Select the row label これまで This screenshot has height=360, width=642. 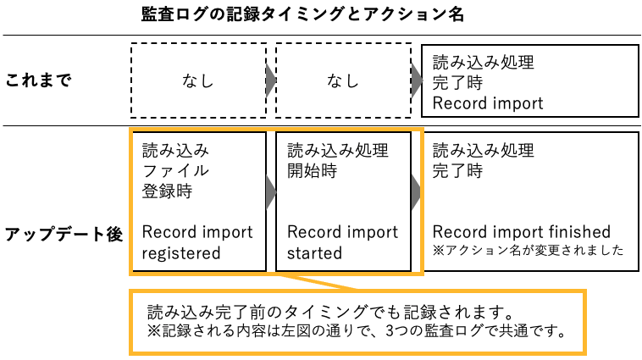click(x=38, y=81)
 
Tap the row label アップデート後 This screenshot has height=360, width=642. click(x=64, y=235)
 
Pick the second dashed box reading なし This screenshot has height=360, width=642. click(x=343, y=81)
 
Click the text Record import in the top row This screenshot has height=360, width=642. click(x=488, y=103)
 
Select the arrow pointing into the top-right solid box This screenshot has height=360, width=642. click(x=416, y=81)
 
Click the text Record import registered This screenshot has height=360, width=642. click(x=197, y=242)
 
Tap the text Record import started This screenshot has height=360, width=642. click(x=342, y=242)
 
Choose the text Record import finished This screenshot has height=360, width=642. click(x=521, y=232)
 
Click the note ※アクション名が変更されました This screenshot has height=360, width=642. click(x=528, y=251)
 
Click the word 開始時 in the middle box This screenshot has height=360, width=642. click(x=312, y=171)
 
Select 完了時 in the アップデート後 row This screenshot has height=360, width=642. click(x=457, y=171)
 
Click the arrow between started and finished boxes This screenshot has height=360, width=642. click(x=416, y=192)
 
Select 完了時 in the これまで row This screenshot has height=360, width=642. click(x=457, y=83)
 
